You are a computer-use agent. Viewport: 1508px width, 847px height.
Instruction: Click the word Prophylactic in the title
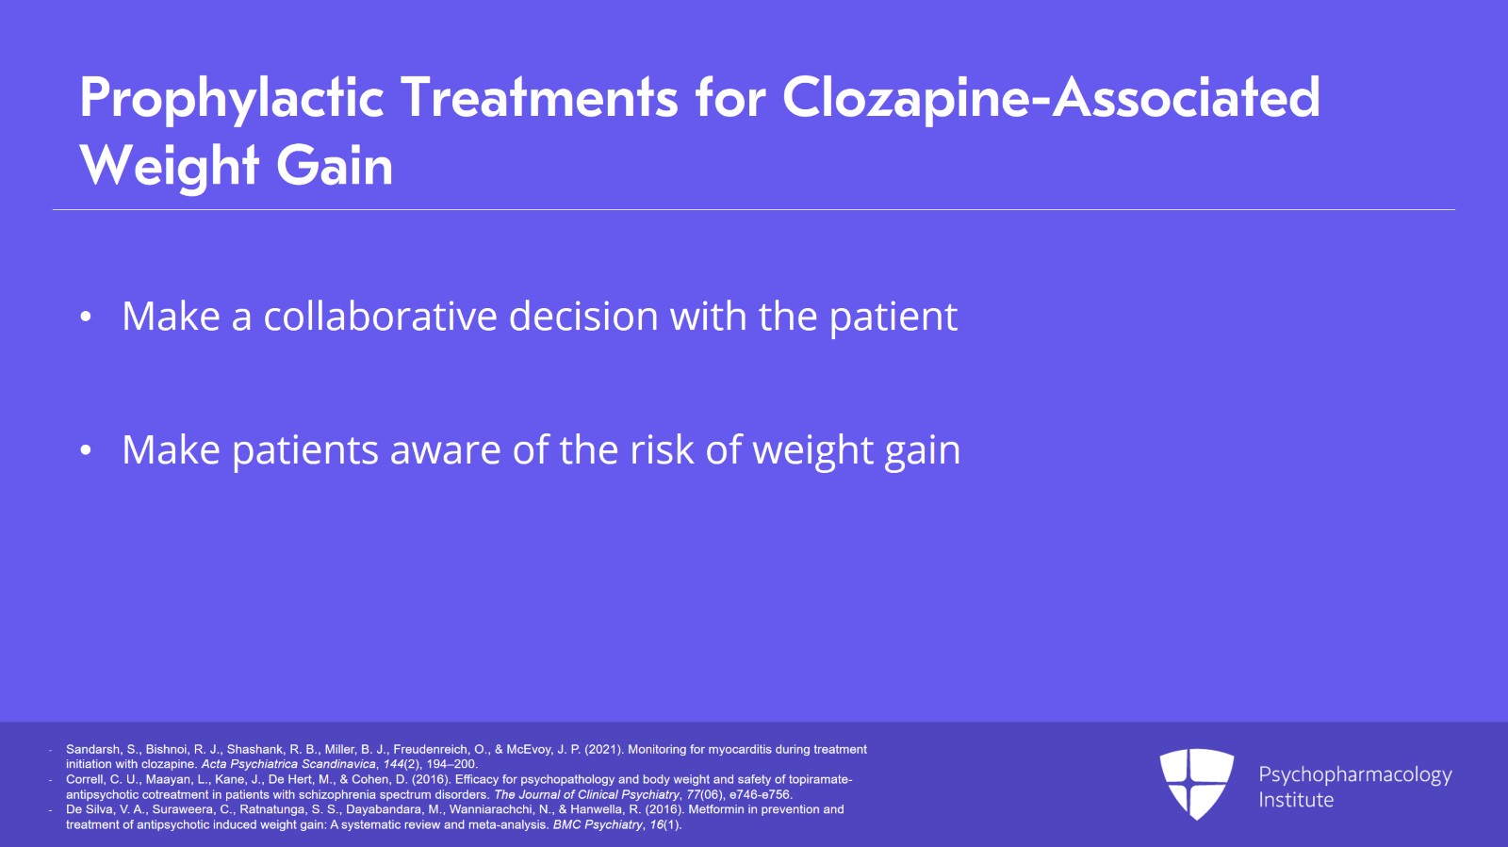coord(232,98)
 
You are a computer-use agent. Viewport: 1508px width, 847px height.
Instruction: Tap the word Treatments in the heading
coord(539,98)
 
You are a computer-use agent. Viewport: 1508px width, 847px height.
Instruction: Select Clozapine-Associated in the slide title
coord(1051,98)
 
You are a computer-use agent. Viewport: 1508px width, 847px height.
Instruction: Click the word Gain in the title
coord(335,166)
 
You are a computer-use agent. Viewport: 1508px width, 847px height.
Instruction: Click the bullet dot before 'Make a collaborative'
coord(86,318)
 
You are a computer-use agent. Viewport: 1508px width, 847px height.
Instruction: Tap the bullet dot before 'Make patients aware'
coord(86,451)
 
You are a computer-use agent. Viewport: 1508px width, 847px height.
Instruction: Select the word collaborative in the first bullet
coord(380,317)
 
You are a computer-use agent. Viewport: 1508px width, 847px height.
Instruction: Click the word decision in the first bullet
coord(583,317)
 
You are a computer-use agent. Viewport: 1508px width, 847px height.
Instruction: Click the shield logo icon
coord(1196,782)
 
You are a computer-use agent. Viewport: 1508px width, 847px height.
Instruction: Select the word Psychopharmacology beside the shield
coord(1354,775)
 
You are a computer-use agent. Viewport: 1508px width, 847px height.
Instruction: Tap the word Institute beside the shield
coord(1296,800)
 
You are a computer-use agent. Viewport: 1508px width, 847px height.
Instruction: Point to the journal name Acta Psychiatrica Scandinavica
coord(288,764)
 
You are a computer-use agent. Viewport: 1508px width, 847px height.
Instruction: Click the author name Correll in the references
coord(85,780)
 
